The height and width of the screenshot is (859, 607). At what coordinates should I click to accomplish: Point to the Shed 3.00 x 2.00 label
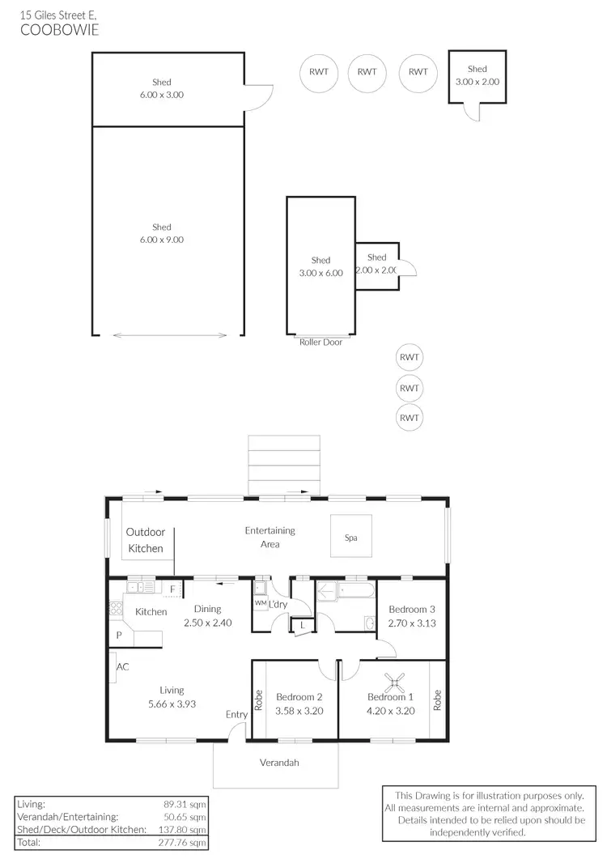(477, 76)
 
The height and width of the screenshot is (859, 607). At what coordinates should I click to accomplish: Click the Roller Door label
(320, 342)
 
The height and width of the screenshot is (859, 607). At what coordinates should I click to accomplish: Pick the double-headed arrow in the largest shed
(168, 334)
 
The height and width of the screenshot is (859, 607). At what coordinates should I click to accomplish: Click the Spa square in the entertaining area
(350, 537)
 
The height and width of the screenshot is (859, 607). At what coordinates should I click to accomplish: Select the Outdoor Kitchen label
(145, 540)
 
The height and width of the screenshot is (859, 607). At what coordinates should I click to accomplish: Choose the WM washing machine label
(260, 603)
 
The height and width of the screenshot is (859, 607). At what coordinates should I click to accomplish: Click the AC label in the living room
(123, 667)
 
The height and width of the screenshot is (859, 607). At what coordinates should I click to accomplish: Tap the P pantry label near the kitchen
(118, 636)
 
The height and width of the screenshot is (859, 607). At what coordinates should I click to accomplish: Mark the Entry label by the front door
(237, 714)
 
